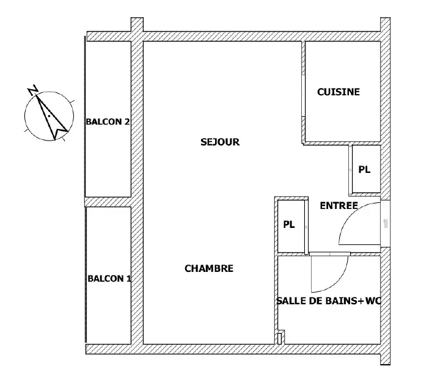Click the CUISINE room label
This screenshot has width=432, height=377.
pyautogui.click(x=339, y=92)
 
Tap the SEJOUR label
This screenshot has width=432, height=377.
pyautogui.click(x=220, y=142)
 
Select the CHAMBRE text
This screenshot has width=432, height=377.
pyautogui.click(x=209, y=268)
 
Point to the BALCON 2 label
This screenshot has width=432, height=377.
pyautogui.click(x=108, y=122)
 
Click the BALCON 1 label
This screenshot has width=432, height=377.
pyautogui.click(x=109, y=279)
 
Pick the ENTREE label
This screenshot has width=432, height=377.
pyautogui.click(x=339, y=205)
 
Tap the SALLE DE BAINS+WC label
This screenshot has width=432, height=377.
pyautogui.click(x=329, y=301)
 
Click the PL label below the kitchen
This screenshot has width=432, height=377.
pyautogui.click(x=364, y=169)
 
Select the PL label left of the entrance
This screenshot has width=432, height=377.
pyautogui.click(x=289, y=225)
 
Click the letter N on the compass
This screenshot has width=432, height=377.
pyautogui.click(x=33, y=90)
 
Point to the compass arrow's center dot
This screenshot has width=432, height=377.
pyautogui.click(x=49, y=116)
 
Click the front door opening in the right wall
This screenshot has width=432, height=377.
pyautogui.click(x=386, y=224)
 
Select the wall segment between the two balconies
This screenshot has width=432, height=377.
pyautogui.click(x=108, y=202)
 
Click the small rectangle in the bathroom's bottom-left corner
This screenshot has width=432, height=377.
pyautogui.click(x=279, y=339)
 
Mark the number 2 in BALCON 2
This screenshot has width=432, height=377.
pyautogui.click(x=126, y=122)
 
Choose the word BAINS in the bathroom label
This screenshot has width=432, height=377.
pyautogui.click(x=341, y=301)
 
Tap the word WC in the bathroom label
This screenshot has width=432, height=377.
pyautogui.click(x=373, y=301)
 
